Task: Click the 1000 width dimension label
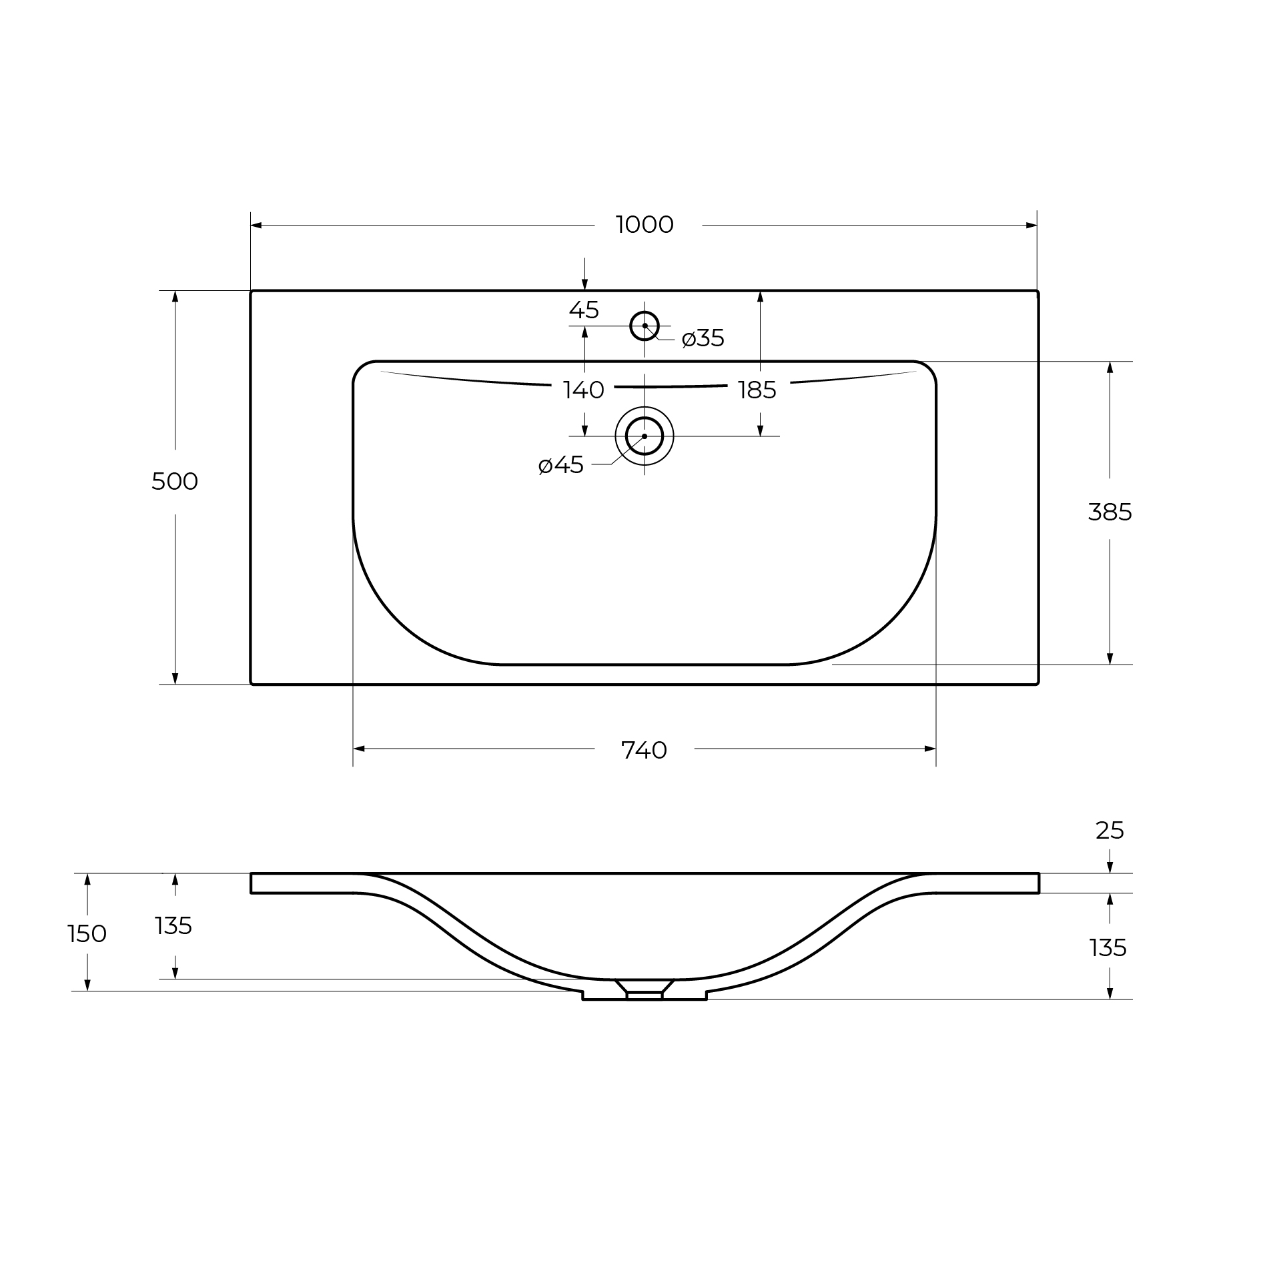coord(645,225)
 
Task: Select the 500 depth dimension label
coord(175,481)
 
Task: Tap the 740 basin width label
coord(645,751)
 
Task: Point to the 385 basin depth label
coord(1110,512)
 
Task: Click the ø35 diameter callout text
coord(703,338)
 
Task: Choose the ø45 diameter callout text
coord(561,465)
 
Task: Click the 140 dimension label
coord(584,390)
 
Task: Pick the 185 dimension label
coord(757,390)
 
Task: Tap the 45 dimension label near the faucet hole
coord(584,310)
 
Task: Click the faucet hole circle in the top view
coord(645,312)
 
